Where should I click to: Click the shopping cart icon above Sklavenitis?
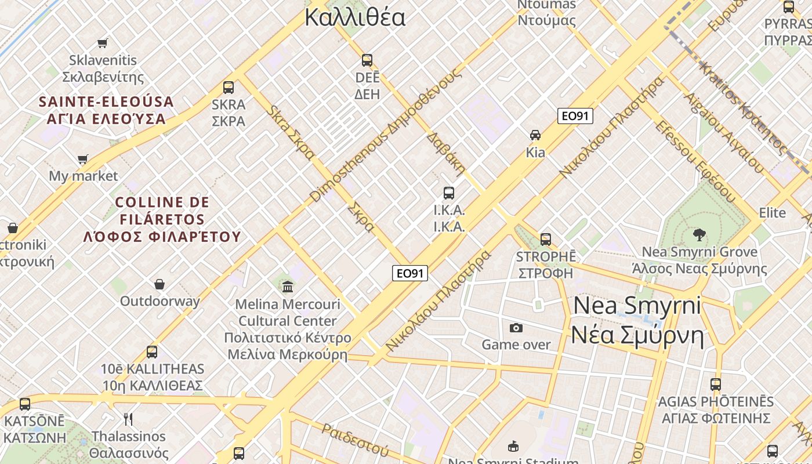103,42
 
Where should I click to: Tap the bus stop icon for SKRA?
229,88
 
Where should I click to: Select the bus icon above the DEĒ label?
367,60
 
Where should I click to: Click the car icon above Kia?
535,135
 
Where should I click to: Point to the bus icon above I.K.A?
449,193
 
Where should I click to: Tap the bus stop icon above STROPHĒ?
546,239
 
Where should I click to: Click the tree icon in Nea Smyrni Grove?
699,235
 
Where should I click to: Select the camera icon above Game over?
516,328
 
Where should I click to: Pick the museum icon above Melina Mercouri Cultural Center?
288,287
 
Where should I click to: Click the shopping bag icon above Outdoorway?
159,284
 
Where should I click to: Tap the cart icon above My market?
83,159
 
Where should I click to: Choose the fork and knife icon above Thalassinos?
128,419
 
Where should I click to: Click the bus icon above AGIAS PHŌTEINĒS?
716,384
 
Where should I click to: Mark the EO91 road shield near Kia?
575,116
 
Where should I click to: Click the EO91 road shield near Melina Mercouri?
410,273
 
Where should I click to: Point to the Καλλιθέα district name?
355,17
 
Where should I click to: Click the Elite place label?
773,212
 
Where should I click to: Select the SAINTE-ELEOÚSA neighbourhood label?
106,102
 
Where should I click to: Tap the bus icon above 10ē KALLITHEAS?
152,351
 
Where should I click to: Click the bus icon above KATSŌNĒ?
25,404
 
